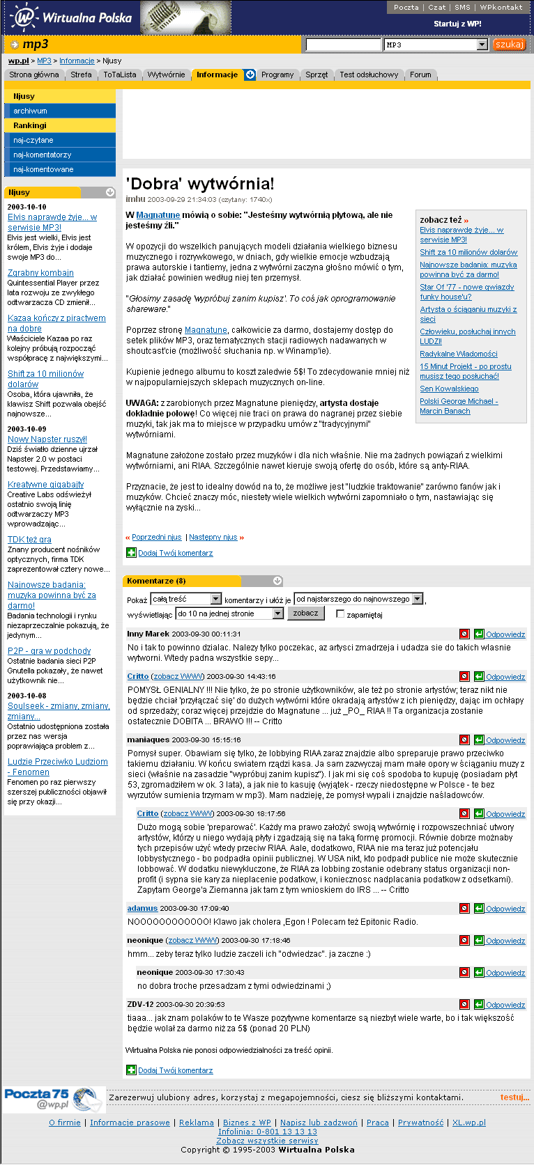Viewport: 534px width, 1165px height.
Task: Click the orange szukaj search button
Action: tap(510, 45)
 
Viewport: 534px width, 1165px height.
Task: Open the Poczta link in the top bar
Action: tap(406, 7)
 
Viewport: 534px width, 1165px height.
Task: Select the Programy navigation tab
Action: tap(277, 75)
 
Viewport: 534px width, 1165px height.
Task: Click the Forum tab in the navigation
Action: tap(420, 75)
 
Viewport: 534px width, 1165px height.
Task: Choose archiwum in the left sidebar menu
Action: tap(30, 111)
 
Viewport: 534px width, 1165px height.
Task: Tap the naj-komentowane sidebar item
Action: tap(43, 169)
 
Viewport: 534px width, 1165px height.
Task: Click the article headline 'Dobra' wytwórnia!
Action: tap(200, 184)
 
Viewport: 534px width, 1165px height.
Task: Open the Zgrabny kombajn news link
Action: tap(40, 273)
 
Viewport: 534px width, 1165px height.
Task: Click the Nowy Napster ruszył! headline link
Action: tap(47, 439)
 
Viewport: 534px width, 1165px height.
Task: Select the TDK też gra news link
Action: tap(29, 540)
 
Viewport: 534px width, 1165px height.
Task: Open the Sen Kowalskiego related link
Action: tap(449, 389)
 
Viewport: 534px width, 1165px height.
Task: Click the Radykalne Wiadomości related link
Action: tap(459, 354)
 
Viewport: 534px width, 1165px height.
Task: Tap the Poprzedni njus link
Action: tap(156, 538)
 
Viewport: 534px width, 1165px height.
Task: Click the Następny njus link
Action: tap(213, 538)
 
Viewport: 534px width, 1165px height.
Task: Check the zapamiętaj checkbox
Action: tap(340, 614)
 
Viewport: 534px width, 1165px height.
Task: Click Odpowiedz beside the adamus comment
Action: tap(505, 909)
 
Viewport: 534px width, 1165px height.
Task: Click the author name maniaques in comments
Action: tap(148, 740)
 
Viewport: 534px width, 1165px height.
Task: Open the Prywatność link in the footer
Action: tap(420, 1123)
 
